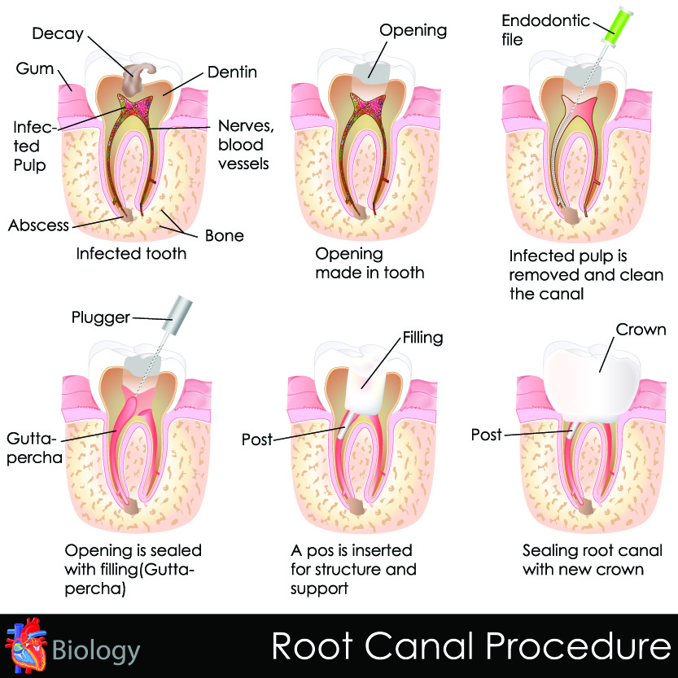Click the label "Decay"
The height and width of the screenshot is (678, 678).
[x=57, y=33]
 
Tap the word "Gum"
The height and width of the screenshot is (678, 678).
[x=34, y=68]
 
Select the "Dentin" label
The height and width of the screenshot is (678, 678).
[x=232, y=72]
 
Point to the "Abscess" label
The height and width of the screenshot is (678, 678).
[x=39, y=225]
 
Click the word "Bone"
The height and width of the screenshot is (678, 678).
[x=224, y=236]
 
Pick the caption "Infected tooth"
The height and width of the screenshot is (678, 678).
[x=131, y=253]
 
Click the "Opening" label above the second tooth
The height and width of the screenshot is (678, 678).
[x=413, y=31]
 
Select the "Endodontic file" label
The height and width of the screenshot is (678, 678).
[x=545, y=28]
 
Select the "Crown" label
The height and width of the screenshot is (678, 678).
[x=641, y=330]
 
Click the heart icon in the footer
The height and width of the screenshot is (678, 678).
[x=21, y=648]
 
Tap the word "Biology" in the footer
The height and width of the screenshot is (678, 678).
[x=96, y=651]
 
